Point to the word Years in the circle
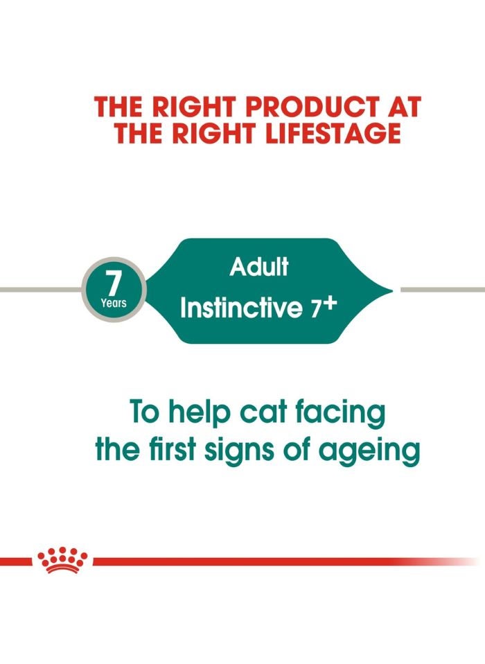click(x=113, y=302)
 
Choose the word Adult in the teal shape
click(x=258, y=267)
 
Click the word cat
click(x=261, y=414)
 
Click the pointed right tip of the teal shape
click(x=391, y=290)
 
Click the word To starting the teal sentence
click(x=144, y=414)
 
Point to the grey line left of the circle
click(x=38, y=290)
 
